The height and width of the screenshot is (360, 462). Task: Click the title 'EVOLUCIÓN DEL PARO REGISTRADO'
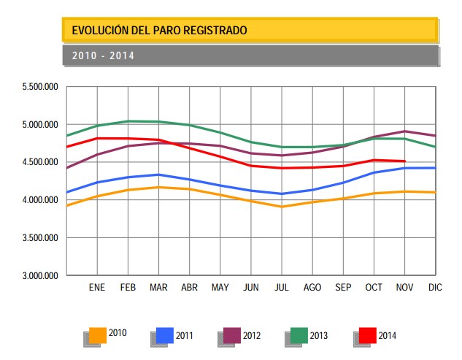pos(159,30)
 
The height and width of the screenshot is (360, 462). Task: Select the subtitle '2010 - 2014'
pos(103,55)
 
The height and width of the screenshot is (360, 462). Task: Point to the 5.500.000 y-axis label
pos(40,87)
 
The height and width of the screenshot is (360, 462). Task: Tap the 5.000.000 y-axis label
pos(40,125)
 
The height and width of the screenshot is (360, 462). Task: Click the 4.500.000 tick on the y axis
pos(40,162)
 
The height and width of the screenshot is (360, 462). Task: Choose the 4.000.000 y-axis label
pos(40,200)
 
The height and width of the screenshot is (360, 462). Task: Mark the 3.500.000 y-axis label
pos(40,238)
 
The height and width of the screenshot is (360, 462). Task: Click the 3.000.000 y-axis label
pos(40,276)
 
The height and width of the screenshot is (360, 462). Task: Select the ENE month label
pos(97,288)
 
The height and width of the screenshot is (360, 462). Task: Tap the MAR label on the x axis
pos(158,288)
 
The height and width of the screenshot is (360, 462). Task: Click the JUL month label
pos(281,288)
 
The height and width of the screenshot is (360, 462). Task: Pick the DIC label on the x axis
pos(435,288)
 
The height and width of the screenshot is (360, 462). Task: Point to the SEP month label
pos(343,288)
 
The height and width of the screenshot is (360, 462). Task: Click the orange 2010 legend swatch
pos(98,334)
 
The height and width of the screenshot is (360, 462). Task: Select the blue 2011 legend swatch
pos(165,334)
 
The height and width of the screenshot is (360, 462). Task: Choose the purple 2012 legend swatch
pos(232,334)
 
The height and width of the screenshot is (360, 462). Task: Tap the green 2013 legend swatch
pos(299,334)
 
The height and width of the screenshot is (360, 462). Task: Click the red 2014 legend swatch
pos(367,334)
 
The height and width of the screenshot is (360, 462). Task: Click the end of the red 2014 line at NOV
pos(404,161)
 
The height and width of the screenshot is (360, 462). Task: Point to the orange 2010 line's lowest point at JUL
pos(282,207)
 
